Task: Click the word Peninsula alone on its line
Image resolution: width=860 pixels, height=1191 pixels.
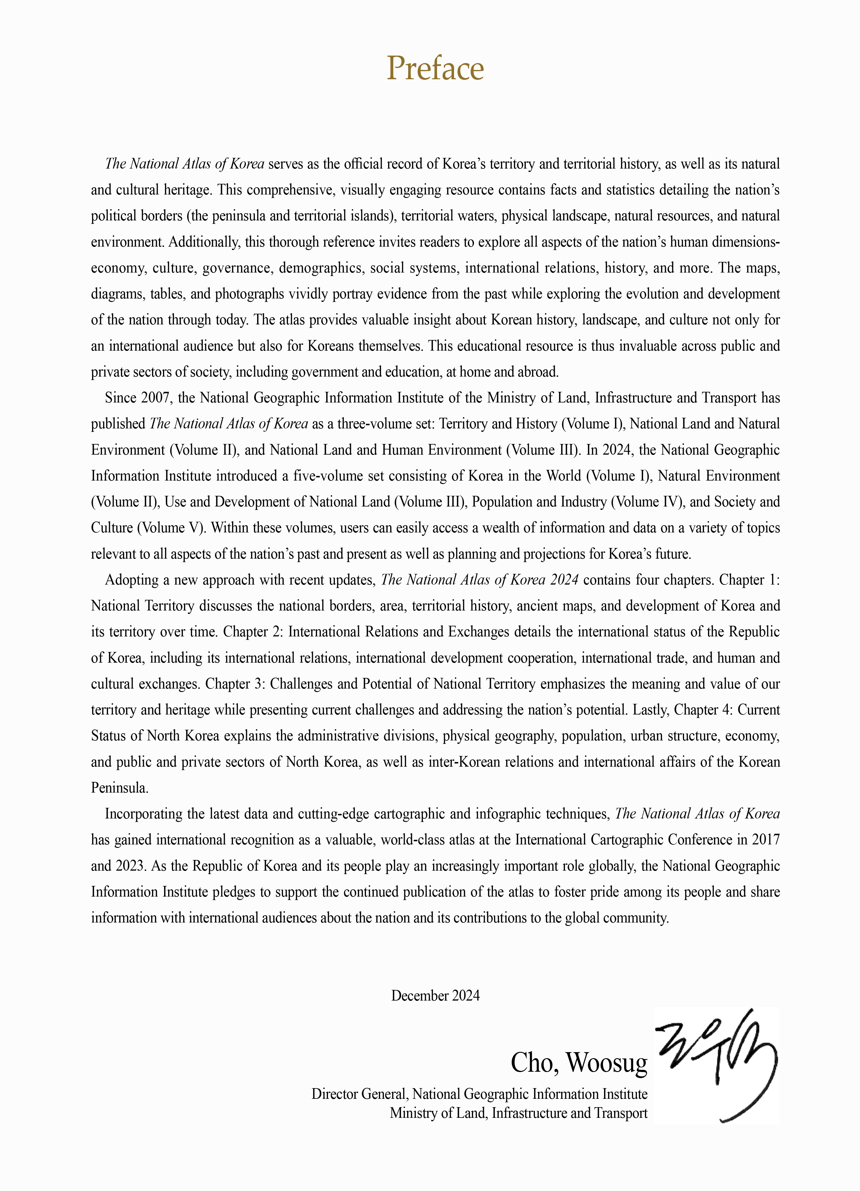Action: pyautogui.click(x=119, y=788)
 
